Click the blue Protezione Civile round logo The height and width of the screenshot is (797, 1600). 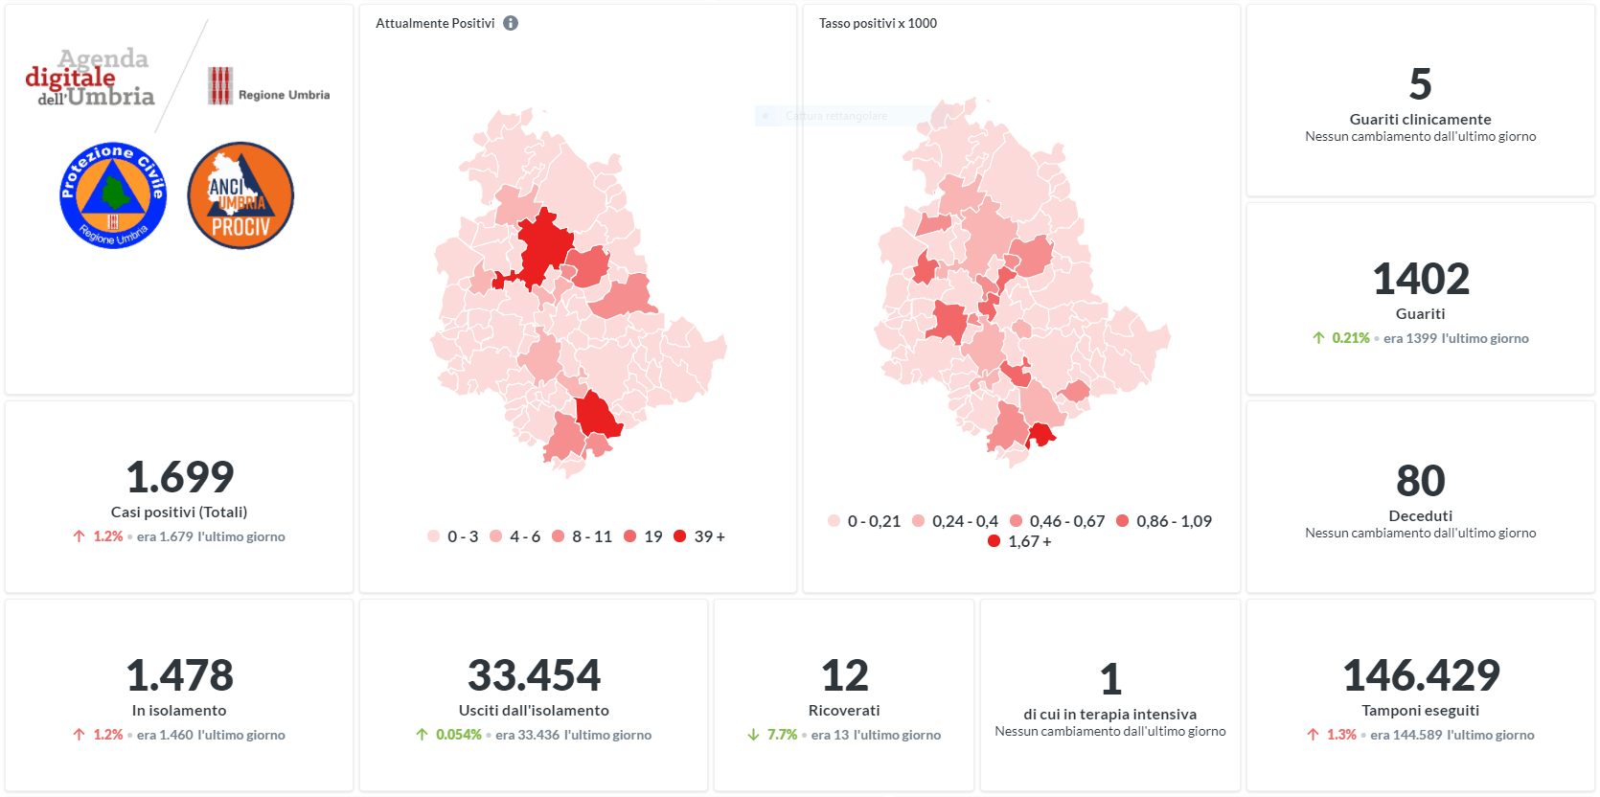[x=113, y=195]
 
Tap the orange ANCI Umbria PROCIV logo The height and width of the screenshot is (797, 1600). [x=240, y=195]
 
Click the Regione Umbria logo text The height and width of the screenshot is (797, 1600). [x=284, y=95]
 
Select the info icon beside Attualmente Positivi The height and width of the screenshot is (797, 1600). [x=511, y=23]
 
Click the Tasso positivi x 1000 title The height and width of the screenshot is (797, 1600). [x=878, y=23]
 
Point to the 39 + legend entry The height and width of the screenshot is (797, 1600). [x=700, y=536]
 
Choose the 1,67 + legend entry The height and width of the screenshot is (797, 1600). [x=1020, y=541]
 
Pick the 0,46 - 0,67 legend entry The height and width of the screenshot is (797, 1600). [x=1058, y=521]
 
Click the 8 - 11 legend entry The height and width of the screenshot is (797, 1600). [x=583, y=536]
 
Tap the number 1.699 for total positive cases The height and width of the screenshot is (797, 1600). [x=180, y=476]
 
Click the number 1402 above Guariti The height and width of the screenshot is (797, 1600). [x=1421, y=279]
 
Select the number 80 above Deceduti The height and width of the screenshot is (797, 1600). [x=1421, y=480]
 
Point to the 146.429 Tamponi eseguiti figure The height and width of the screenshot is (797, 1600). [x=1421, y=675]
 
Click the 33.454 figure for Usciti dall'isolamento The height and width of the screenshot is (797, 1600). [x=534, y=675]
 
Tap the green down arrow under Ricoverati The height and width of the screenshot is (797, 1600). [x=753, y=735]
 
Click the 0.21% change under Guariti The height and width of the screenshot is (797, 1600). [x=1350, y=338]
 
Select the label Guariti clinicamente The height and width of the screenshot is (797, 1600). [x=1421, y=119]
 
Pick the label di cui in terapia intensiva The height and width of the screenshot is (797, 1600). [x=1109, y=714]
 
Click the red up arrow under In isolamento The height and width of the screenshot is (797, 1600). [x=79, y=735]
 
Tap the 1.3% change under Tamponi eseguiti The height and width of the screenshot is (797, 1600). [x=1341, y=735]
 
